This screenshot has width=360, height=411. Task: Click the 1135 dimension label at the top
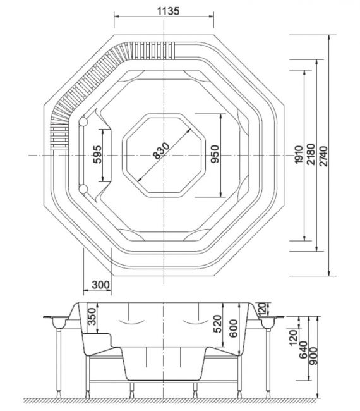[x=168, y=11]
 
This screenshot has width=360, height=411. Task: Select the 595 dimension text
[x=97, y=155]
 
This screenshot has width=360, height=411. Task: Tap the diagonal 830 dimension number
[x=161, y=150]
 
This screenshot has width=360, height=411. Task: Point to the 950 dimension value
[x=215, y=154]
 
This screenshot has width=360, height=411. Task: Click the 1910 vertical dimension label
[x=299, y=155]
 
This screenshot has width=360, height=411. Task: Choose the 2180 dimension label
[x=311, y=154]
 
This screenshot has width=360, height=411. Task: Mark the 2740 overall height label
[x=323, y=156]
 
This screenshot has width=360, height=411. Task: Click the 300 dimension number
[x=101, y=285]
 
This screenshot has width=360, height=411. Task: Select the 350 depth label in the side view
[x=92, y=316]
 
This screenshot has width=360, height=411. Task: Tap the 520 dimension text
[x=217, y=324]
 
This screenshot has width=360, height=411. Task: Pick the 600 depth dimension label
[x=233, y=328]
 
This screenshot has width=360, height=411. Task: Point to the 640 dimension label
[x=303, y=350]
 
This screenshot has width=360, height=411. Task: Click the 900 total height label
[x=313, y=356]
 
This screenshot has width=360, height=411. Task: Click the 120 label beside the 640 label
[x=293, y=338]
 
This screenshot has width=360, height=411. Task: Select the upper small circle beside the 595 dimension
[x=83, y=121]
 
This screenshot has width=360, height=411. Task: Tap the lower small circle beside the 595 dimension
[x=83, y=188]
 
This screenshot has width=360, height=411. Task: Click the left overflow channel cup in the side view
[x=60, y=323]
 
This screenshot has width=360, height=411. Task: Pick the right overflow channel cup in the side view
[x=267, y=323]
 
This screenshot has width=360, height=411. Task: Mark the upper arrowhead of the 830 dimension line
[x=188, y=131]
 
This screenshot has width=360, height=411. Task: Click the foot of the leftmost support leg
[x=59, y=395]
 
